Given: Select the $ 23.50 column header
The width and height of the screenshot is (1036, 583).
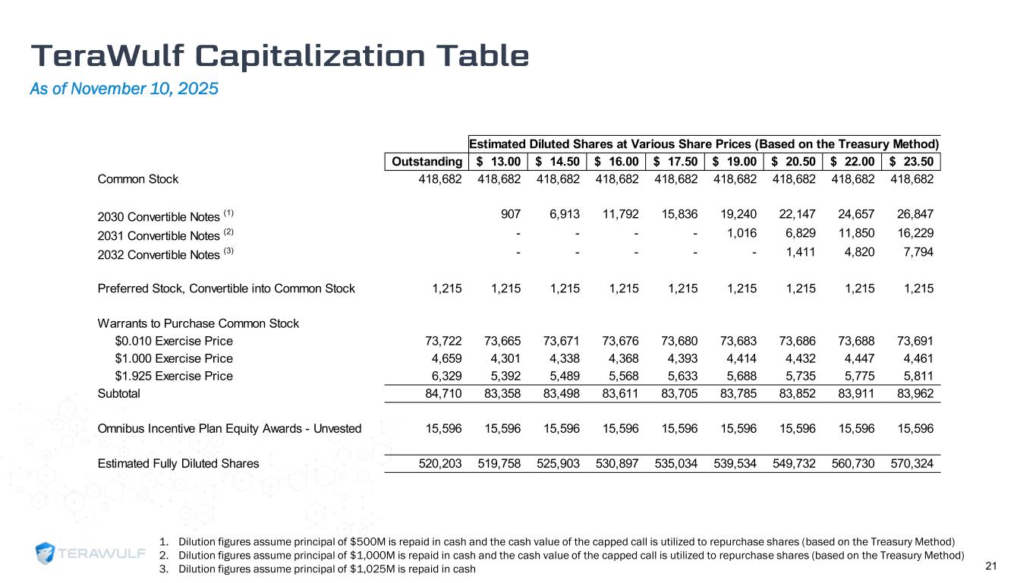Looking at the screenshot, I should (913, 161).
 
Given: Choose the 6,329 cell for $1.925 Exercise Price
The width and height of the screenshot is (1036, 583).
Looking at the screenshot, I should (445, 376).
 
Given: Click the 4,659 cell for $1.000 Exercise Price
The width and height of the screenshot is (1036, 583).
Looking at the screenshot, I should (445, 358).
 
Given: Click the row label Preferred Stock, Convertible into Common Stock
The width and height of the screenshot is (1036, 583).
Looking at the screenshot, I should (226, 288).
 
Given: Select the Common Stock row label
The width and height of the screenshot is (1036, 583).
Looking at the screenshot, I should (138, 179).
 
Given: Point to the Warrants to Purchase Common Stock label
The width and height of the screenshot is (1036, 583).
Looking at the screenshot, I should (198, 323).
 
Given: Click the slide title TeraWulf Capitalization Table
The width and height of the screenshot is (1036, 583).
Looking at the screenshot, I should (279, 56).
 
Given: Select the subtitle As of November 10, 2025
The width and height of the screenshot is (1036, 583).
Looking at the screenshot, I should (124, 89).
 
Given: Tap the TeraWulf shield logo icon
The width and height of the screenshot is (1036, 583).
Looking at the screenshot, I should (47, 554).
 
